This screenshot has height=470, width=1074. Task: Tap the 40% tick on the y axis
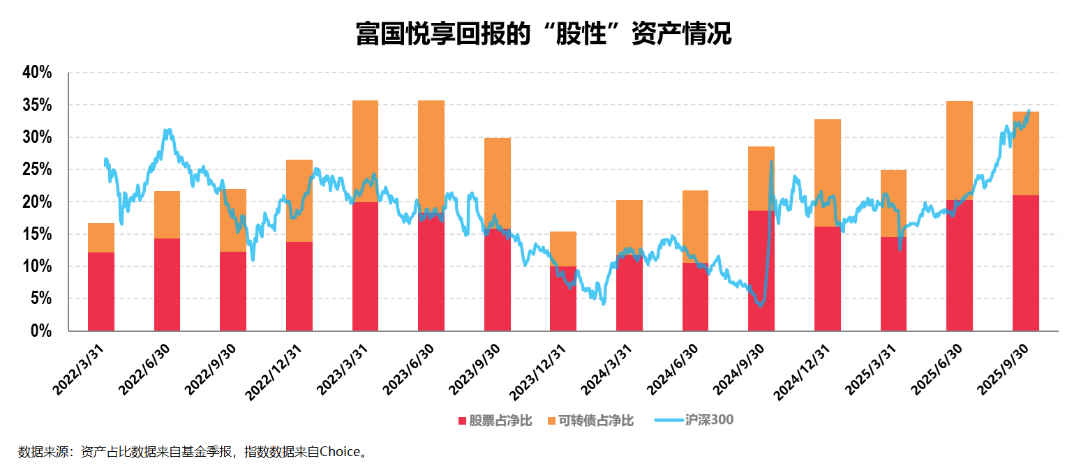point(37,73)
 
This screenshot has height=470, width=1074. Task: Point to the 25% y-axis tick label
point(37,169)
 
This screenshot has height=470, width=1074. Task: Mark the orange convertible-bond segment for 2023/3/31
point(365,151)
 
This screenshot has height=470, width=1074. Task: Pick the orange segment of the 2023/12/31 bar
point(563,248)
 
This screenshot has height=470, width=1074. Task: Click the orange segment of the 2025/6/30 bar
point(959,150)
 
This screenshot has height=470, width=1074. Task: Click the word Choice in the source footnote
point(339,452)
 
